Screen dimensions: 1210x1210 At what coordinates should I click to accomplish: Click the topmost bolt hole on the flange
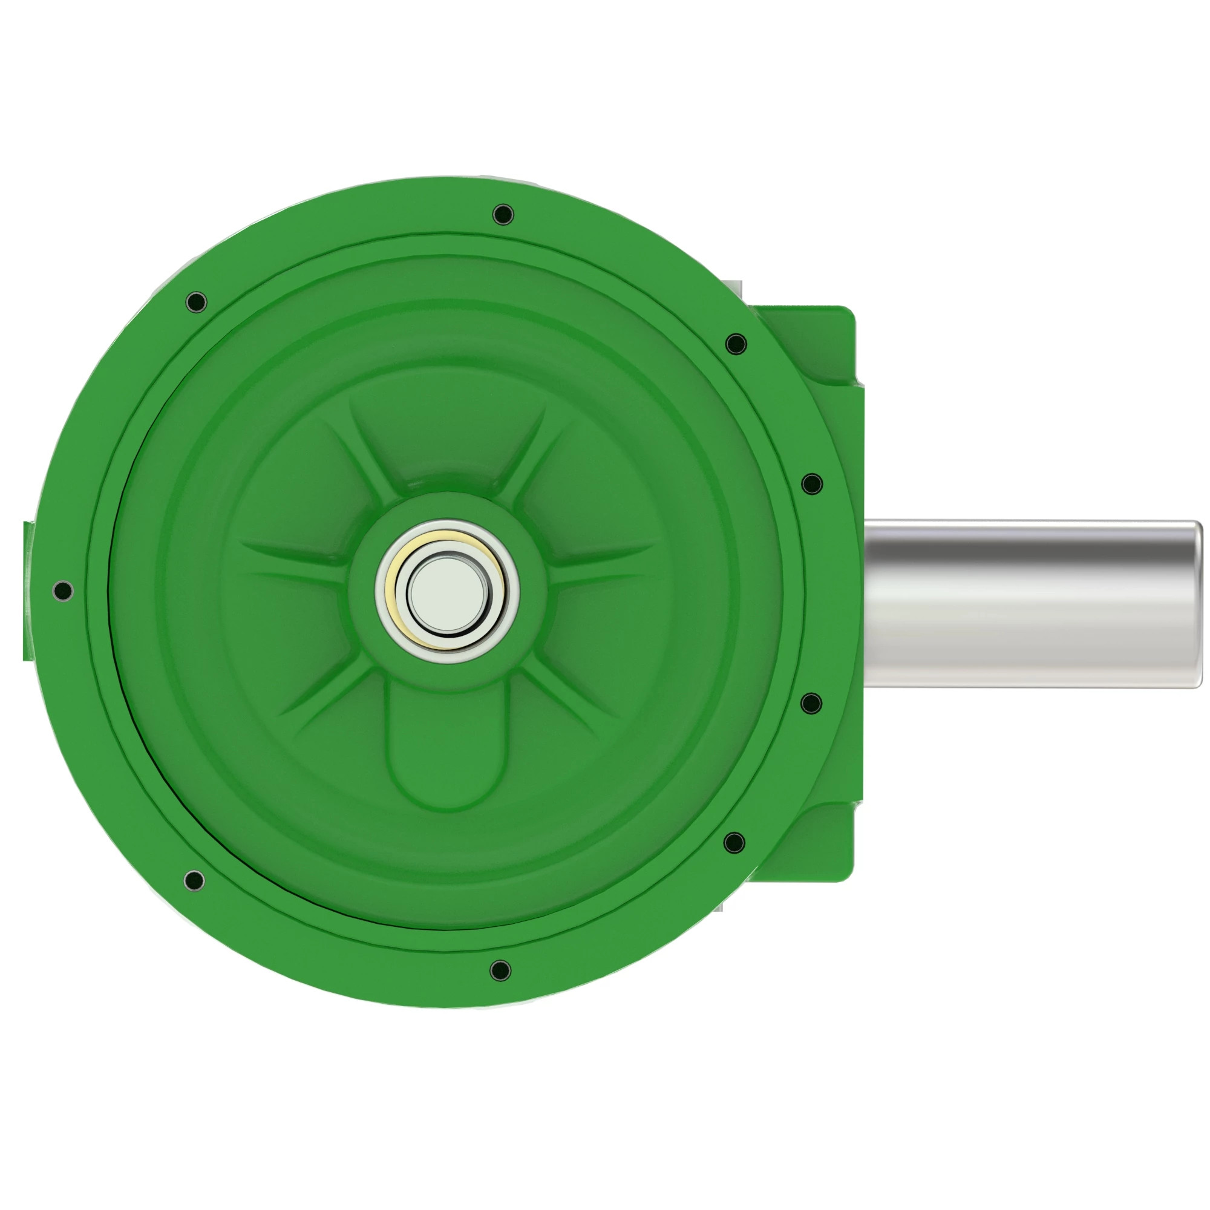tap(503, 215)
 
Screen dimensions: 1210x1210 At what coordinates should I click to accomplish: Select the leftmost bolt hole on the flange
tap(63, 590)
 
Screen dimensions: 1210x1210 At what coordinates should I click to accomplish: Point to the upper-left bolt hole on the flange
tap(196, 302)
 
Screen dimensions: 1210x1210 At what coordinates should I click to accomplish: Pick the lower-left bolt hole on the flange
tap(194, 880)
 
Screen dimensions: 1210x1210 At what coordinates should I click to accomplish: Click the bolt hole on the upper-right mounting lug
tap(735, 344)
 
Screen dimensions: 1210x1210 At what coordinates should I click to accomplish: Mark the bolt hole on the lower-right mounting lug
tap(734, 842)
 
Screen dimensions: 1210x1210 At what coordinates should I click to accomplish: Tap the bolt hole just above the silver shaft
tap(812, 483)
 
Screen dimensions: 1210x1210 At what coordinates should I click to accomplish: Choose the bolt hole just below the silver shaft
tap(812, 704)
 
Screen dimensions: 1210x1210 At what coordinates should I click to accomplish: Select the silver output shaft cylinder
tap(1027, 604)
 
